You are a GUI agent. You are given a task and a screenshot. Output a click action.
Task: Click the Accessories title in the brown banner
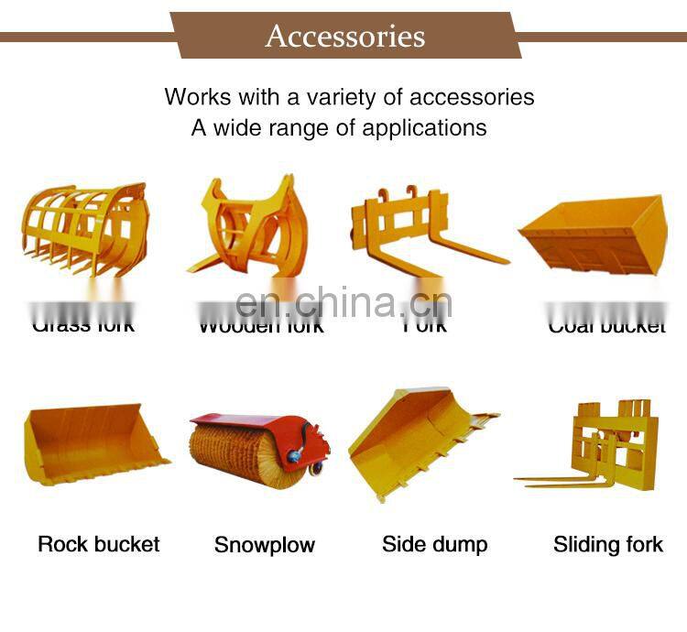[x=345, y=36]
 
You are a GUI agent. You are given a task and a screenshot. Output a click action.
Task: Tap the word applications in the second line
[x=424, y=127]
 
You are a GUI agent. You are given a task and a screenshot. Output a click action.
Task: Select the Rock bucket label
[x=99, y=544]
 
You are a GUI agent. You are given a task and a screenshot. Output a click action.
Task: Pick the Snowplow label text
[x=265, y=545]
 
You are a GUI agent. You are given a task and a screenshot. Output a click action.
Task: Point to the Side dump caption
[x=435, y=544]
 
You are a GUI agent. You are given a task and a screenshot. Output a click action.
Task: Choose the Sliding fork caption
[x=608, y=545]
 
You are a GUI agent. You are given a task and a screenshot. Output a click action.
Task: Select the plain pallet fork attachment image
[x=417, y=229]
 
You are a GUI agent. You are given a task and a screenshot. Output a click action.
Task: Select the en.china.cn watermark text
[x=343, y=302]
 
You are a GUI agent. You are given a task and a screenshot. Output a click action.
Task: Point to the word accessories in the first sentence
[x=472, y=96]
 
